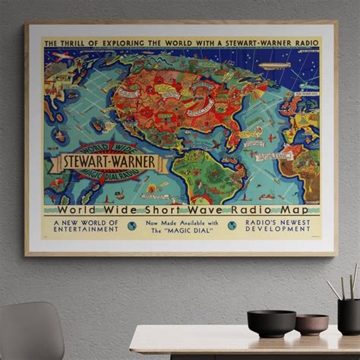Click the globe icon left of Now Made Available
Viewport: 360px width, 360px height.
131,226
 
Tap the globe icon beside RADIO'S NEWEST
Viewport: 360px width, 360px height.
232,226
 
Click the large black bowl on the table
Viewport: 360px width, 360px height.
271,322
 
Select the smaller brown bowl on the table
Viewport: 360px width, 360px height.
311,324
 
